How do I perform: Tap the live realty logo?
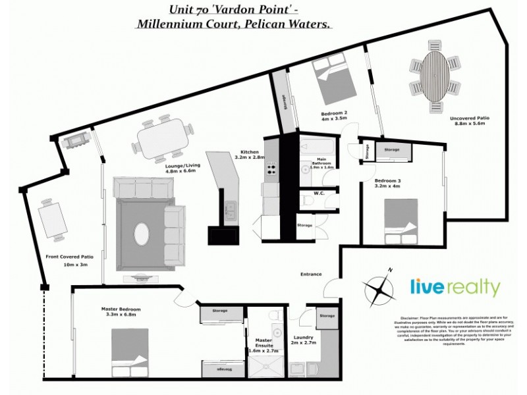coord(455,288)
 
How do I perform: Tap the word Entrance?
coord(311,274)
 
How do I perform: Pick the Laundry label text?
coord(304,340)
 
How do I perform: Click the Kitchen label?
coord(250,154)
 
